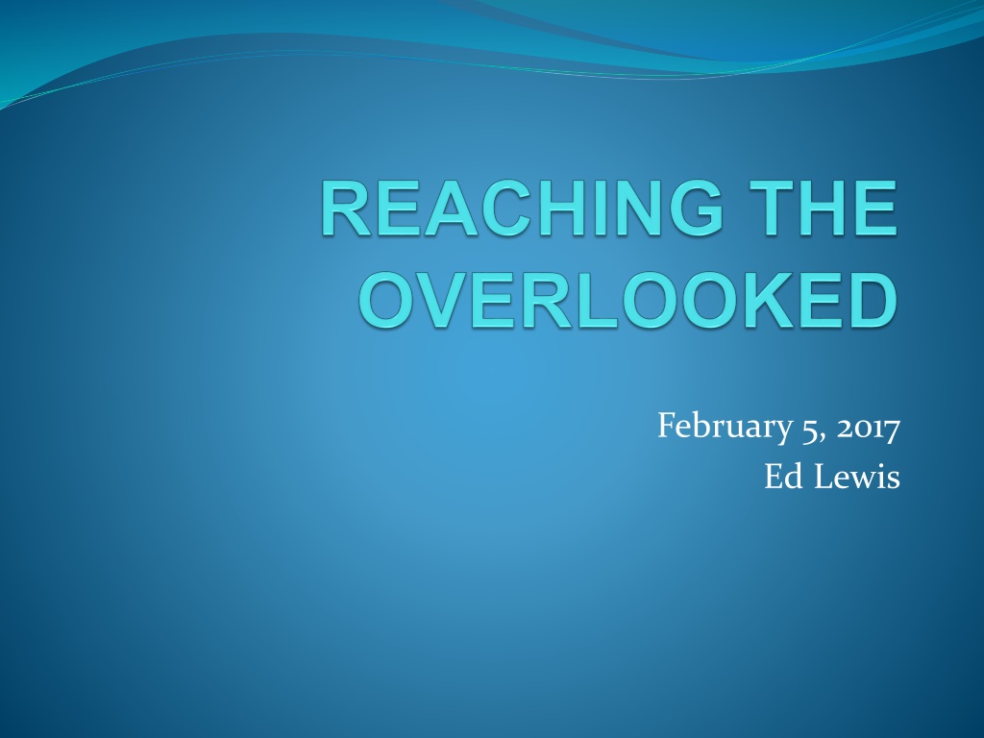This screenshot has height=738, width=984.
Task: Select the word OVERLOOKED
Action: point(628,300)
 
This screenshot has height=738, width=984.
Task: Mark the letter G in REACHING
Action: point(696,208)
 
